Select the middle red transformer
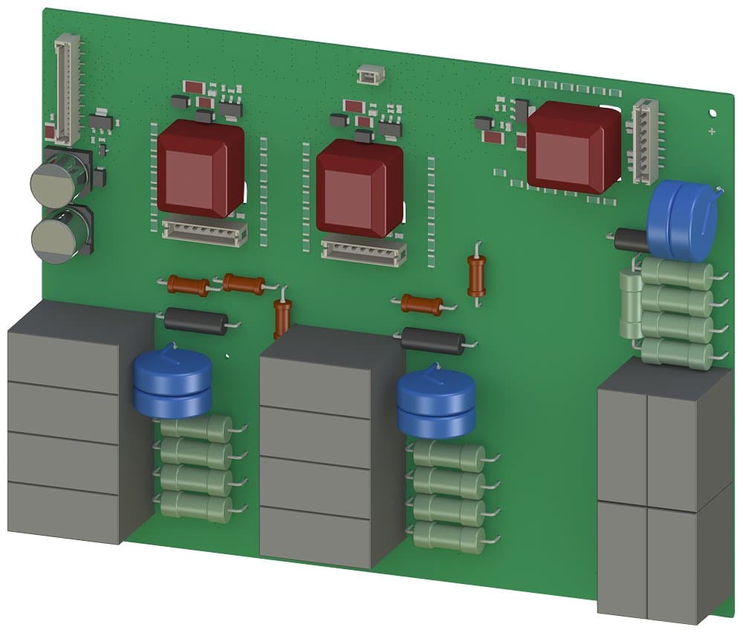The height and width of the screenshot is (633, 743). tap(360, 187)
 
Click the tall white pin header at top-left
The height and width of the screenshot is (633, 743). tap(67, 89)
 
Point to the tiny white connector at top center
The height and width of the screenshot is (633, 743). tap(369, 74)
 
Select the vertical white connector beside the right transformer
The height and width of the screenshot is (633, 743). tap(644, 141)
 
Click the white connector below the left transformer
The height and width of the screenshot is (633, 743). tap(204, 233)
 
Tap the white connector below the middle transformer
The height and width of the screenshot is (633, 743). tap(363, 253)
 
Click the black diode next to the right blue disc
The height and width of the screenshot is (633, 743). tap(631, 239)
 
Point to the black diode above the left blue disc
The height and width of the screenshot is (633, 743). tap(195, 322)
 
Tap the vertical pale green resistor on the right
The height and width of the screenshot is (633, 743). tap(631, 305)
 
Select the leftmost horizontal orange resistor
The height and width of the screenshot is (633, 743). tap(188, 285)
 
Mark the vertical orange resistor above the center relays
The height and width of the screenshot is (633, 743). tap(282, 318)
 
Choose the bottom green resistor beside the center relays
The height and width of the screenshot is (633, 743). tap(450, 536)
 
